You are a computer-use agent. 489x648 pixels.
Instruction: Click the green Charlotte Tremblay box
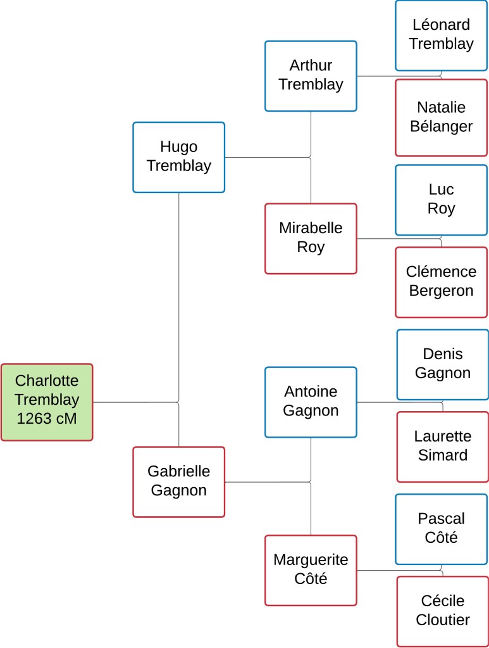(47, 402)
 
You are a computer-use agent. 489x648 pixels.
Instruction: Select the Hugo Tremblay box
(178, 157)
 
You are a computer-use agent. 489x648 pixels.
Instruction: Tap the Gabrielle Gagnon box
(178, 481)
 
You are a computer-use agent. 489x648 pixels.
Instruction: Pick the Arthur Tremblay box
(311, 75)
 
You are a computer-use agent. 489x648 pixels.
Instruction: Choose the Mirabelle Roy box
(311, 238)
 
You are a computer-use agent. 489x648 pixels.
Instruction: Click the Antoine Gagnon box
(311, 402)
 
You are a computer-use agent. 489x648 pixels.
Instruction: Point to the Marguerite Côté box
(311, 569)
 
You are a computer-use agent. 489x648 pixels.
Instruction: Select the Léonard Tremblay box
(441, 35)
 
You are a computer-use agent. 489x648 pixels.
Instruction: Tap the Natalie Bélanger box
(441, 117)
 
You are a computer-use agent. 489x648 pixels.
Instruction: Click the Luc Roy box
(441, 200)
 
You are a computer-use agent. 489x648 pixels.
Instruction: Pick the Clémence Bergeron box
(441, 281)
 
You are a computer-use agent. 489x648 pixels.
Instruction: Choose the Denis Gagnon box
(442, 364)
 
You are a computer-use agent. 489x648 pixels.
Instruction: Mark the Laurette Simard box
(442, 446)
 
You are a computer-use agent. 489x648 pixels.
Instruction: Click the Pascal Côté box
(441, 528)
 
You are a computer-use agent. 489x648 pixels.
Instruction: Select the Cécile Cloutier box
(442, 611)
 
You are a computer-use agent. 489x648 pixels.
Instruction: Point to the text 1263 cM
(47, 419)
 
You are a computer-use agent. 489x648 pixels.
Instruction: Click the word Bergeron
(441, 291)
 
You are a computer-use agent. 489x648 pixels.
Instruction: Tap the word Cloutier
(442, 620)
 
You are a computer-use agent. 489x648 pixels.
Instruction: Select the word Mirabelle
(311, 228)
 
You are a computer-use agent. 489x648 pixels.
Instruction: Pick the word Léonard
(441, 25)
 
